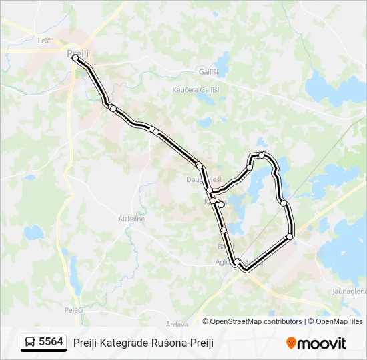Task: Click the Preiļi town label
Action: click(x=77, y=52)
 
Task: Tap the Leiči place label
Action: click(x=45, y=41)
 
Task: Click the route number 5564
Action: click(x=51, y=342)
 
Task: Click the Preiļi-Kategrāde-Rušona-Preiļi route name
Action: click(x=143, y=343)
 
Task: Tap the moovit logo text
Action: click(x=322, y=343)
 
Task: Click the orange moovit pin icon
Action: click(x=291, y=343)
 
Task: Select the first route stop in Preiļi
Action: click(x=75, y=59)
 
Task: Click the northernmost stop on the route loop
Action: click(x=262, y=155)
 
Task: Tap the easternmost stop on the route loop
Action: click(x=290, y=237)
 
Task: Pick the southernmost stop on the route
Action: click(x=237, y=262)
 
